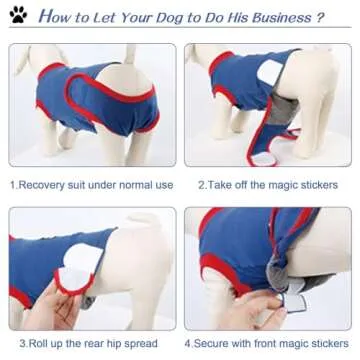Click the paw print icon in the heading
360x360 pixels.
tap(19, 16)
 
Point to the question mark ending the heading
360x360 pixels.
tap(320, 18)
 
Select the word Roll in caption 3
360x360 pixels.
tap(33, 342)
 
